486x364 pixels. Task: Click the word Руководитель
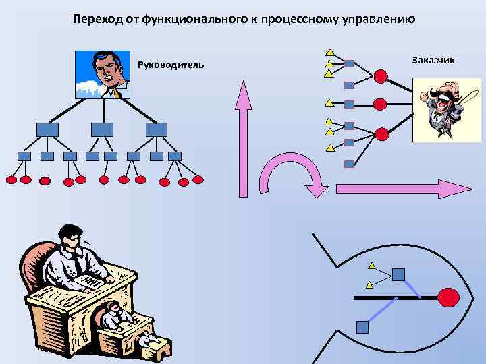[170, 65]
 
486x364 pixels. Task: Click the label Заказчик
[433, 60]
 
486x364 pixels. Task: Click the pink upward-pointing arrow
[243, 138]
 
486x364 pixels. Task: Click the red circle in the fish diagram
[449, 296]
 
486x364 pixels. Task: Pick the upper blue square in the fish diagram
[399, 274]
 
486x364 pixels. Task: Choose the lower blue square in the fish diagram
[362, 327]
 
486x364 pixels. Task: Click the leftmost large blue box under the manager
[47, 129]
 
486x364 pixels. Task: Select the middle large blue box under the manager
[102, 129]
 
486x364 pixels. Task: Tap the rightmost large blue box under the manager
[157, 129]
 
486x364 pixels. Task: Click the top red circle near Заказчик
[381, 76]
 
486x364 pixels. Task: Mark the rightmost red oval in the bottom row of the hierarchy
[198, 180]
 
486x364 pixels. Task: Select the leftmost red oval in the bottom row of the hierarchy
[11, 180]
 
